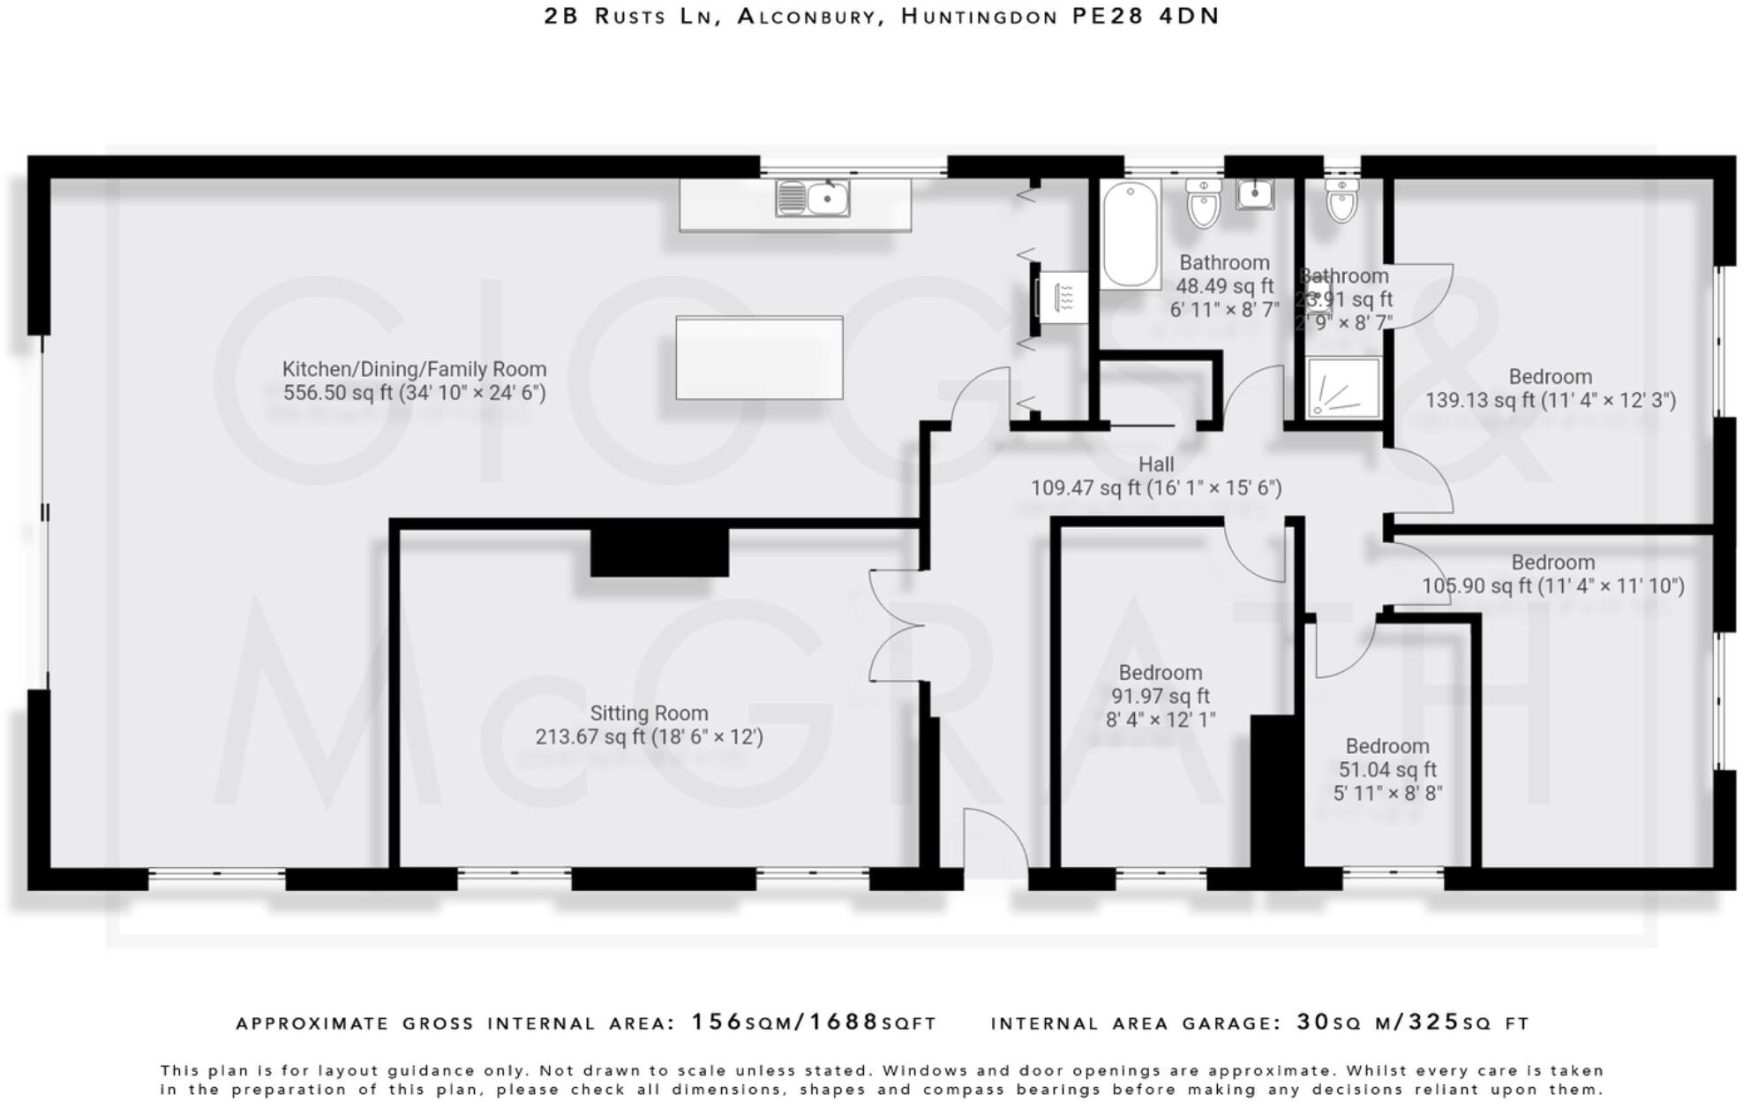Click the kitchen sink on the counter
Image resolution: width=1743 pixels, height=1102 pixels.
[813, 198]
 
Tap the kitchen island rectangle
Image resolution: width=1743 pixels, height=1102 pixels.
[759, 358]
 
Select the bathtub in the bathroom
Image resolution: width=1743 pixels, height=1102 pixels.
[1130, 233]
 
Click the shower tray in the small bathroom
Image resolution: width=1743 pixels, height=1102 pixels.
[1343, 387]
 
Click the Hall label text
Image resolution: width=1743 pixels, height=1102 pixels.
[1155, 465]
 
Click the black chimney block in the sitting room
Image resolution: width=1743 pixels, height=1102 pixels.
[659, 551]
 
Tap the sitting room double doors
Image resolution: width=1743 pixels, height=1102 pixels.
[896, 626]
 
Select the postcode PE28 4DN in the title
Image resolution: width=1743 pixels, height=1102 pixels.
[1146, 16]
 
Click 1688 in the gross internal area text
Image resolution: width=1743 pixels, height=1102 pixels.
[844, 1022]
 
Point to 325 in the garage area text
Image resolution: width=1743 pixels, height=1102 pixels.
[1433, 1022]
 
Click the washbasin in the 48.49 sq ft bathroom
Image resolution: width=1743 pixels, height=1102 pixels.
[1254, 193]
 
